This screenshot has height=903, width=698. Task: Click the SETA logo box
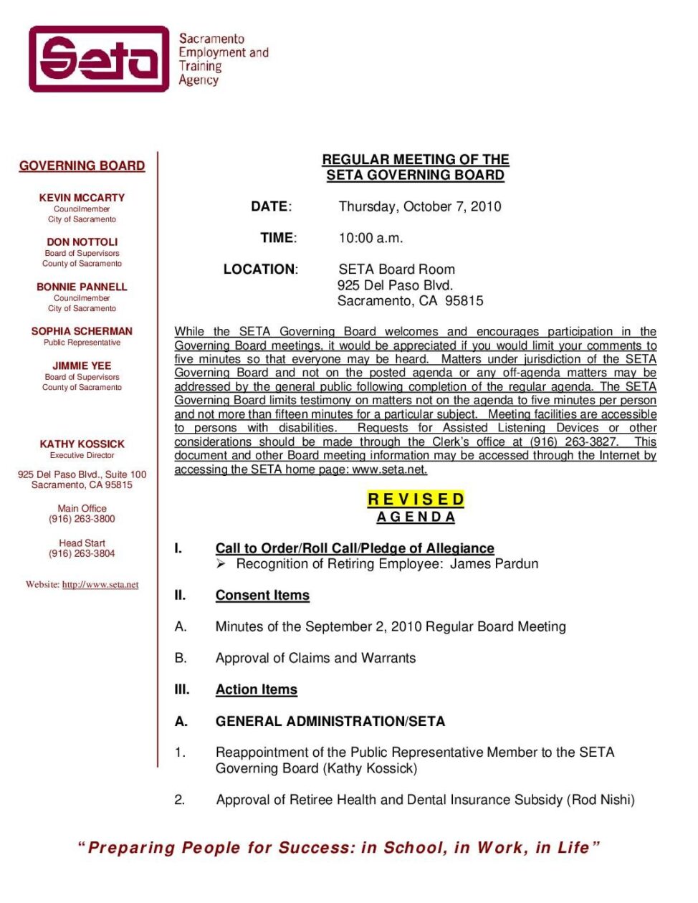click(x=99, y=59)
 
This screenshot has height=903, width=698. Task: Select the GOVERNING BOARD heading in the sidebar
click(x=82, y=166)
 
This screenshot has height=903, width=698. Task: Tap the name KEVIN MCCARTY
click(x=82, y=198)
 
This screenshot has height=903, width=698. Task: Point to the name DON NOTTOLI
click(x=82, y=242)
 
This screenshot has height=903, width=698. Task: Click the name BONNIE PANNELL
click(x=82, y=287)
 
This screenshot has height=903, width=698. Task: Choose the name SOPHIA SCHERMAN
click(x=82, y=331)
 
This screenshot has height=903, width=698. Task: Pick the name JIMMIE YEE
click(x=82, y=365)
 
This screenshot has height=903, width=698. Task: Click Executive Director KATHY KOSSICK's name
click(x=82, y=444)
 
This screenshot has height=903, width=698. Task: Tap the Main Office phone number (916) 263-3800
click(x=82, y=519)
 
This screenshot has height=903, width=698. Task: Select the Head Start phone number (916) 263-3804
click(x=82, y=553)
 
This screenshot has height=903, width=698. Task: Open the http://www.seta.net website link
click(x=100, y=585)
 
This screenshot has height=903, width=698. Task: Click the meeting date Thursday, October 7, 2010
click(x=420, y=206)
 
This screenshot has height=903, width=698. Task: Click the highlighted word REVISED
click(x=416, y=500)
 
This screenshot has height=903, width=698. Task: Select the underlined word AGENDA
click(x=416, y=517)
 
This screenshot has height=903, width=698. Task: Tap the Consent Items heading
click(x=262, y=596)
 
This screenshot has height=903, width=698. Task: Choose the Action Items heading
click(x=256, y=689)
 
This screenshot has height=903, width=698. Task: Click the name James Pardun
click(x=494, y=564)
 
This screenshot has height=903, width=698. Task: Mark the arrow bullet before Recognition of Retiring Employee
click(x=221, y=564)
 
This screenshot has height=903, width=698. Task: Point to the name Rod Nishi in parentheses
click(x=601, y=800)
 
